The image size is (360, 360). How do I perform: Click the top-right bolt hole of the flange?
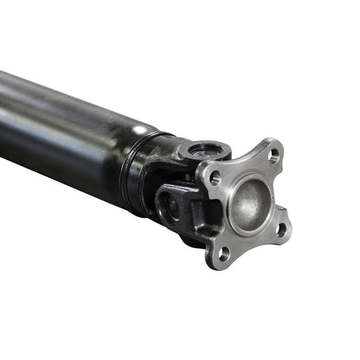(x=273, y=157)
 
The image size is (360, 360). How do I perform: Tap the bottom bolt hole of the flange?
(x=224, y=253)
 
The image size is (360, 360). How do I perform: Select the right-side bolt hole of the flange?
(x=279, y=228)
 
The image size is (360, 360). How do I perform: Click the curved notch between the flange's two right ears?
(x=282, y=193)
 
